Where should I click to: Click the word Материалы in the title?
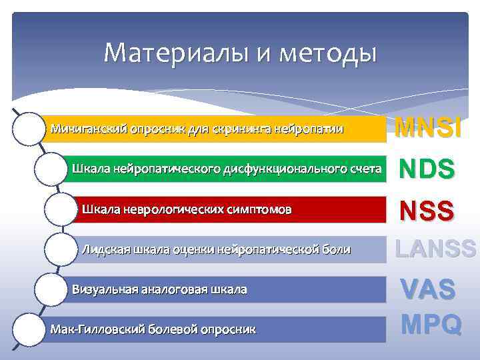pyautogui.click(x=175, y=52)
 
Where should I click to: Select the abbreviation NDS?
pyautogui.click(x=427, y=169)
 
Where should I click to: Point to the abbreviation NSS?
pyautogui.click(x=427, y=211)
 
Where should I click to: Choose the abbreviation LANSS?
pyautogui.click(x=435, y=249)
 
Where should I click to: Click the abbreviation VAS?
pyautogui.click(x=427, y=289)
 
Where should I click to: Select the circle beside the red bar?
pyautogui.click(x=61, y=209)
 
